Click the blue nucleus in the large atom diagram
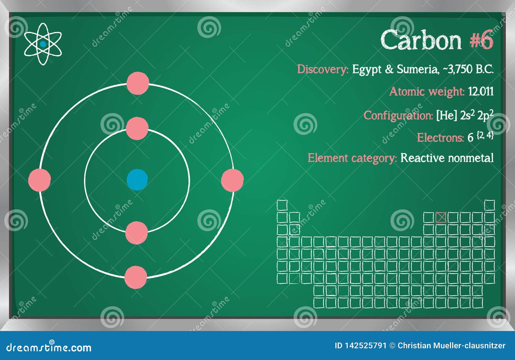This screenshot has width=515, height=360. (x=137, y=180)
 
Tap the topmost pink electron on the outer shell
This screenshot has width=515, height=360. (x=138, y=83)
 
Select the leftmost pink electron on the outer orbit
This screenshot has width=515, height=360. (x=40, y=180)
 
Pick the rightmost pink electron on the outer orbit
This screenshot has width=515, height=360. (x=232, y=180)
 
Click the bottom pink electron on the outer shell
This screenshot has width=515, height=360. (x=136, y=277)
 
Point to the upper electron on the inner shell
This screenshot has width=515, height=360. (x=137, y=128)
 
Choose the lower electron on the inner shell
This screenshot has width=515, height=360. (x=136, y=232)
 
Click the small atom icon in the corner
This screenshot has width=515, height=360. (x=43, y=44)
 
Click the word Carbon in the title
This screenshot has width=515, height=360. (x=421, y=40)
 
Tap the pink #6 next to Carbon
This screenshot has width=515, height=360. (x=481, y=40)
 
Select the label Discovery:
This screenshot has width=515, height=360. (x=323, y=69)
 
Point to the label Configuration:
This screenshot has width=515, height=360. (x=398, y=115)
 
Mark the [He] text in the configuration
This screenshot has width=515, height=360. (x=446, y=115)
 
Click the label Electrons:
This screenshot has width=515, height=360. (x=440, y=138)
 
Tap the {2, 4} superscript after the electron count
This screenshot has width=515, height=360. (x=485, y=135)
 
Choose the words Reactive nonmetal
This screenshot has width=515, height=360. (x=447, y=158)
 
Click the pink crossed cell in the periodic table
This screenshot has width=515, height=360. (x=441, y=218)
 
